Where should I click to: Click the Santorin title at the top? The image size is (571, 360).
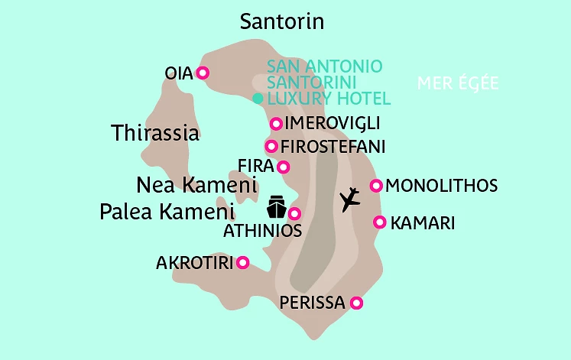click(x=281, y=22)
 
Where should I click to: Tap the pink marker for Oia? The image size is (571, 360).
click(x=203, y=73)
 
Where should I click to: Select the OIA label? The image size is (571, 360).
click(x=178, y=73)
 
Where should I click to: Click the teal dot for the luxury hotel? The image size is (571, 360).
click(x=258, y=99)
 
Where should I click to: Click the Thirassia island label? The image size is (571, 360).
click(x=155, y=133)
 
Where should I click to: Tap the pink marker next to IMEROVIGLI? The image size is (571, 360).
click(x=276, y=124)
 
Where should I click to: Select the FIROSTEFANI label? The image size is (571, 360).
click(x=333, y=146)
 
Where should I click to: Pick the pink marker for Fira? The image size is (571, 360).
click(x=284, y=167)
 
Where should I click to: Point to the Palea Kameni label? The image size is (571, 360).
click(x=166, y=212)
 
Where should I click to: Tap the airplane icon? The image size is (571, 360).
click(x=350, y=199)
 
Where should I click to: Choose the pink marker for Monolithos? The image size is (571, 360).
click(x=375, y=186)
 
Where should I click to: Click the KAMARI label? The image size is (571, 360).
click(x=423, y=223)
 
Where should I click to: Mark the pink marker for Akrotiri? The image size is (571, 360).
click(x=243, y=262)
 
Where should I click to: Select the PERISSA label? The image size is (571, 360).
click(x=312, y=303)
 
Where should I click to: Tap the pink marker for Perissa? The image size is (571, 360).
click(x=355, y=303)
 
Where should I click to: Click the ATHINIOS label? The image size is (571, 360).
click(x=262, y=230)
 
